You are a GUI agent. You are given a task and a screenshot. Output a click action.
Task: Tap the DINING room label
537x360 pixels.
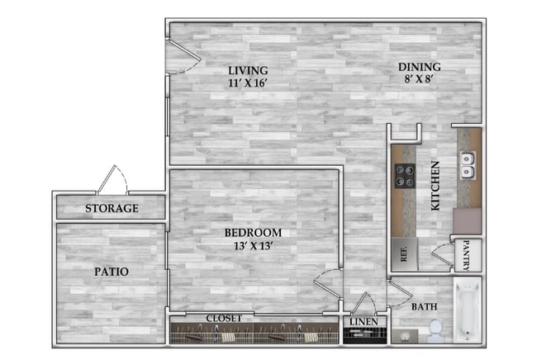click(420, 67)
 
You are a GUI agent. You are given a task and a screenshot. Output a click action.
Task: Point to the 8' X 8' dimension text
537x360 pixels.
click(420, 80)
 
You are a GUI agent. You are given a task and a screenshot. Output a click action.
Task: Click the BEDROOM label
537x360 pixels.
click(254, 233)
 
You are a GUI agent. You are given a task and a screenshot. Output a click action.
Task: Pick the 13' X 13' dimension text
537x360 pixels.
click(254, 246)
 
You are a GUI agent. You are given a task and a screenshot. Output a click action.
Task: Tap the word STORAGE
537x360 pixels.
click(112, 208)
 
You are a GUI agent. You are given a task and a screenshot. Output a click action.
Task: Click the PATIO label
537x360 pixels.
click(111, 271)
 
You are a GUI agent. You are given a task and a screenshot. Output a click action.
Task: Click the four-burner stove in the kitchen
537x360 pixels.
click(405, 175)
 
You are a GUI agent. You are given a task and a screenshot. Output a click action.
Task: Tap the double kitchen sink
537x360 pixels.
click(468, 165)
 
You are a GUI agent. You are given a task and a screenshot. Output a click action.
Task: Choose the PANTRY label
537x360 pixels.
click(466, 256)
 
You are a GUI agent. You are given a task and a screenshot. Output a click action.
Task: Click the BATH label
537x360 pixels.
click(425, 306)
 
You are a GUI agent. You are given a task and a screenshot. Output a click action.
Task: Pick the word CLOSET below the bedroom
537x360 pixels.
click(225, 318)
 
